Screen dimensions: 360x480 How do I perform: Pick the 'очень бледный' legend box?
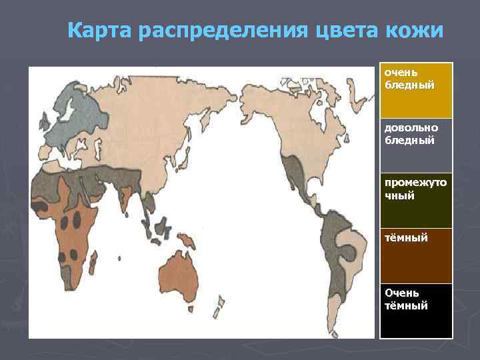(416, 91)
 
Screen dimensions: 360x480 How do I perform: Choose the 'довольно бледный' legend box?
(416, 146)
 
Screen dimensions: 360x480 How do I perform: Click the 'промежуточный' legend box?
(416, 201)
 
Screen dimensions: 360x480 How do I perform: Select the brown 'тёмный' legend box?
(416, 256)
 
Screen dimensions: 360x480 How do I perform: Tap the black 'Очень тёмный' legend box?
(416, 311)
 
